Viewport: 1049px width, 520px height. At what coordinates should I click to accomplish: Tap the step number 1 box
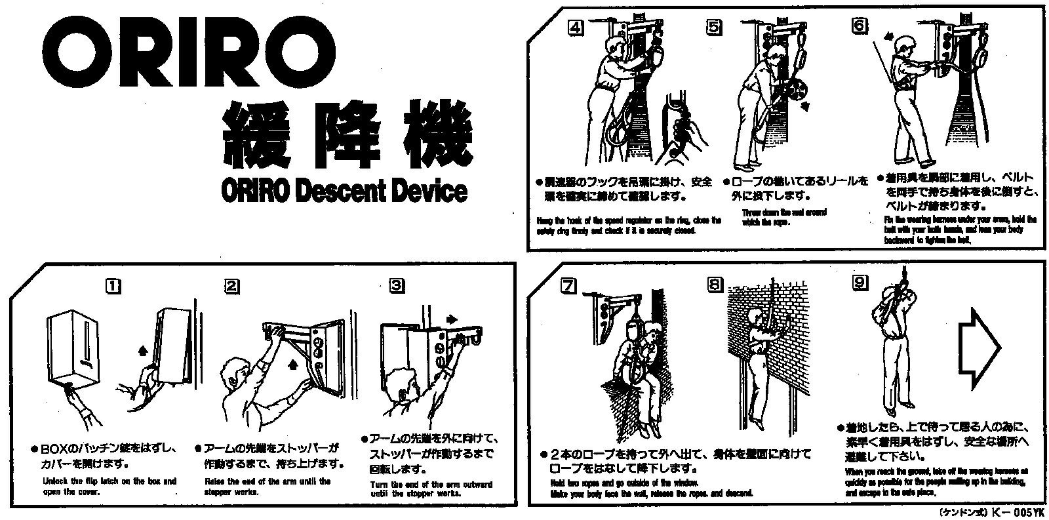113,286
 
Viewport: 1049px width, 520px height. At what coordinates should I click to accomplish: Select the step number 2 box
231,286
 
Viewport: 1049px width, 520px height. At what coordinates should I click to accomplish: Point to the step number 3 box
397,286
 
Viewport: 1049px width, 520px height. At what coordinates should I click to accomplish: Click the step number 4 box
576,28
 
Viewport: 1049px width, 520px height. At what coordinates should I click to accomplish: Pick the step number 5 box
714,28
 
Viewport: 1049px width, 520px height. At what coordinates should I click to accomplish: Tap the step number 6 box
859,26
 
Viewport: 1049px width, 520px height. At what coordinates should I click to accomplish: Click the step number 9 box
860,283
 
